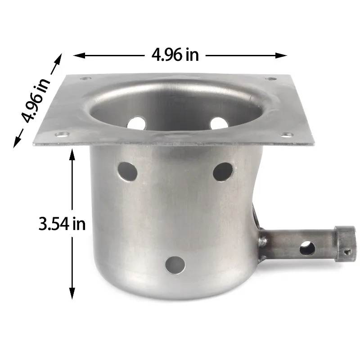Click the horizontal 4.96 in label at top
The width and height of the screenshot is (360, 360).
(175, 55)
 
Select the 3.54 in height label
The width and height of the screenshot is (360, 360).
(62, 224)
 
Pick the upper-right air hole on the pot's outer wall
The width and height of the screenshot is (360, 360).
(223, 171)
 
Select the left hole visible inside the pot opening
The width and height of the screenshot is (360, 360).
(138, 123)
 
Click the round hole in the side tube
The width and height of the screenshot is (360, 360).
(307, 247)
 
